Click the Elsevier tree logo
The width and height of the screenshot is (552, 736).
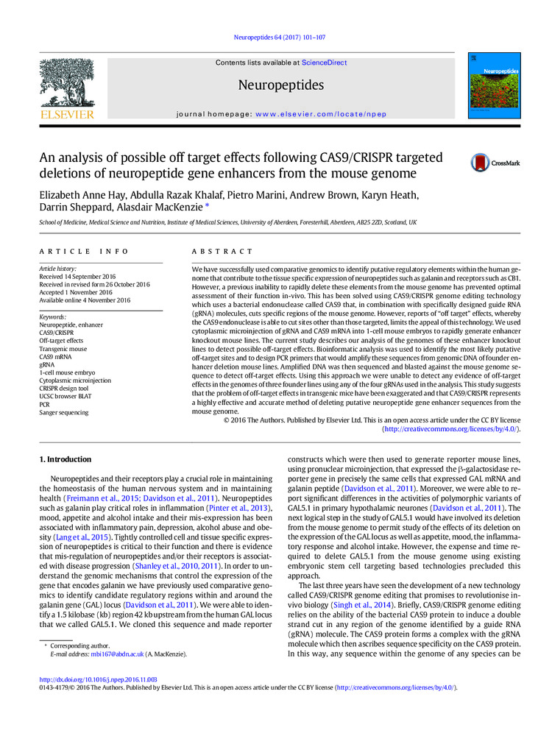(66, 88)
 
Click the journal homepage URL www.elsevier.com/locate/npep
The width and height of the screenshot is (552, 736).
(321, 115)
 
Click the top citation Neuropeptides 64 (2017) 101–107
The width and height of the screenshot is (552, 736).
(276, 37)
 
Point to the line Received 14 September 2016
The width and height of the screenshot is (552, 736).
(83, 277)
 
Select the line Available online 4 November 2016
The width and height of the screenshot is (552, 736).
(84, 300)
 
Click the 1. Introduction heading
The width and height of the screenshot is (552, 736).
(66, 460)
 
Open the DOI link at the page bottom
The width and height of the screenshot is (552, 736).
(97, 680)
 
